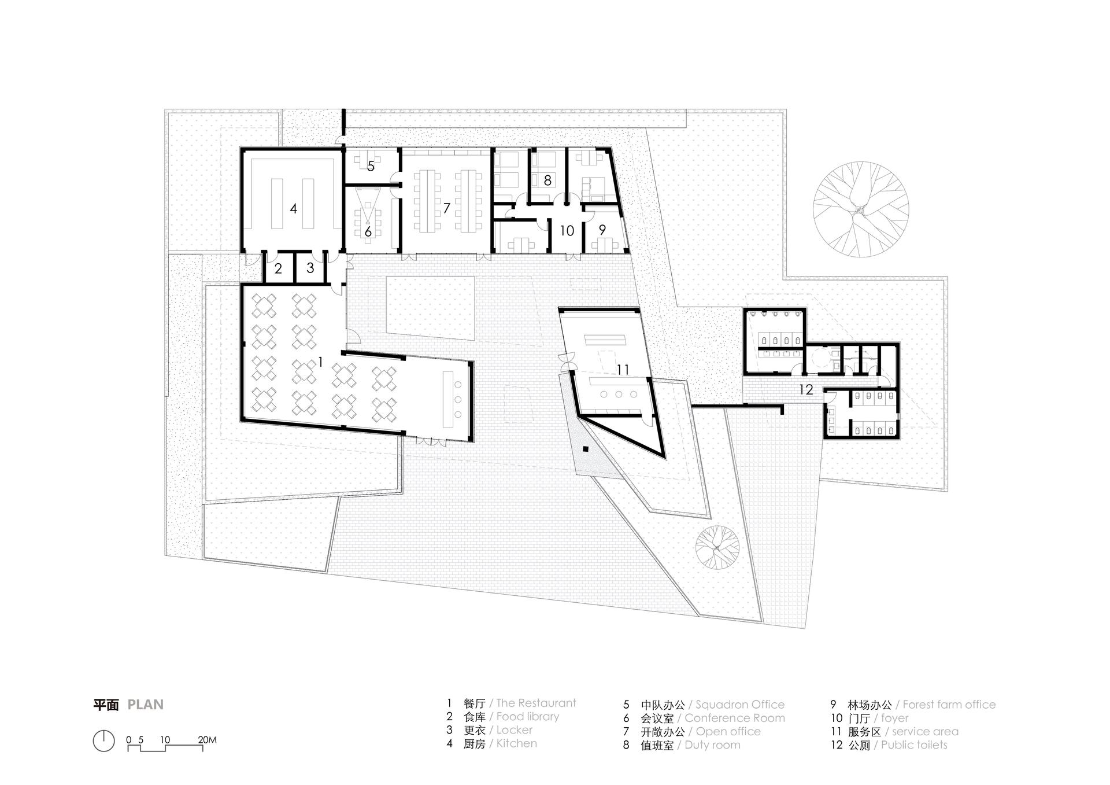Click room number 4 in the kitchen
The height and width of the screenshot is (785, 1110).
294,208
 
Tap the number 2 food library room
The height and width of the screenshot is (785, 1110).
278,268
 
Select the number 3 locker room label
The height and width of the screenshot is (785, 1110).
310,268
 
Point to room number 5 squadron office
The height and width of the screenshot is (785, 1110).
371,166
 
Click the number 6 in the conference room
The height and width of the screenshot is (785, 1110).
368,233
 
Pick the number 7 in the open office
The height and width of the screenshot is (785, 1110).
446,208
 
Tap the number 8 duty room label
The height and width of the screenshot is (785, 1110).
547,180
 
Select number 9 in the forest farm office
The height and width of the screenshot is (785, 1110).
602,230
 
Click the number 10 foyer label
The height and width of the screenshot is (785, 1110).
567,231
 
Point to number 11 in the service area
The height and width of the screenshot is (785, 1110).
623,369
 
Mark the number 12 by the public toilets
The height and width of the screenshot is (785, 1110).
806,389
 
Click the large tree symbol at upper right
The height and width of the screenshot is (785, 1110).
860,209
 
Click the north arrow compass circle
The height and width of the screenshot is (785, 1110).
103,741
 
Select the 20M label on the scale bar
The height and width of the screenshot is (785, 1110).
207,739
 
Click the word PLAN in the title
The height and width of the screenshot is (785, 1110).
146,705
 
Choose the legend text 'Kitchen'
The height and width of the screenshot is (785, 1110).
516,743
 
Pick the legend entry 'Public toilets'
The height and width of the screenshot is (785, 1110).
914,745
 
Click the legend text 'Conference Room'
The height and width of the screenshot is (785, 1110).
735,718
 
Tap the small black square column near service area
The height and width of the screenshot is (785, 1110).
586,448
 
